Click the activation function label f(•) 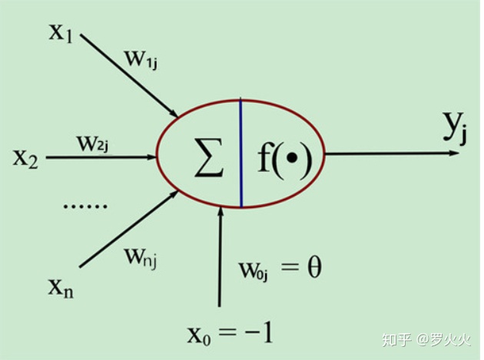[x=283, y=158]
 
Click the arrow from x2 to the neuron [x=100, y=157]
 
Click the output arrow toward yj [x=392, y=154]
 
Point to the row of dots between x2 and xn [x=88, y=206]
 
